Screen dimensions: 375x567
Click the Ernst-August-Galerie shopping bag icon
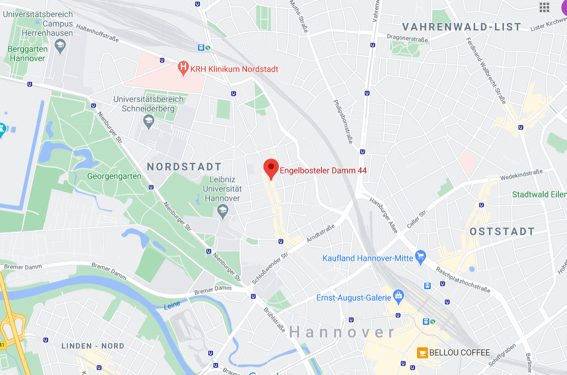tap(398, 296)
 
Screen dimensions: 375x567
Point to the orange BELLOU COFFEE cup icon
tap(422, 352)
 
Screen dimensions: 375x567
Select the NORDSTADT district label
tap(184, 167)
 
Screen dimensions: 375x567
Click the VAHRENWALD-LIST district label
tap(462, 27)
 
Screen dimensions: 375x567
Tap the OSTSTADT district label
tap(502, 232)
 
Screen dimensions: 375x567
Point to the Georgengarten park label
tap(114, 177)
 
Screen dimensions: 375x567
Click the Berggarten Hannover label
tap(28, 53)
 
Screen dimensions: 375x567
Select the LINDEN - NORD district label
tap(93, 346)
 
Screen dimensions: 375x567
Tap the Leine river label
tap(172, 306)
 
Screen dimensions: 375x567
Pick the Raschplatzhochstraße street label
tap(463, 280)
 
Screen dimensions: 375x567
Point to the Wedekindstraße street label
tap(521, 175)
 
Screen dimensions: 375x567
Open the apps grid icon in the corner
tap(544, 7)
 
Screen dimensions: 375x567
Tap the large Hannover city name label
tap(343, 332)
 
